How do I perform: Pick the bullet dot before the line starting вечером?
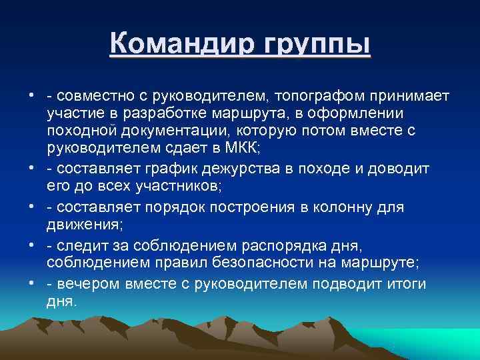coord(32,284)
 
